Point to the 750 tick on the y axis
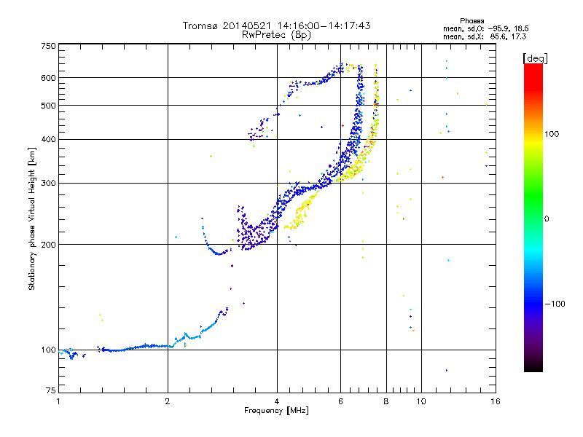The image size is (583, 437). (48, 46)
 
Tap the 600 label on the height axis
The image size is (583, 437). (48, 78)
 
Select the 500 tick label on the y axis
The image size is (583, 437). (48, 106)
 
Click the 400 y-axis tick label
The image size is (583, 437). (48, 139)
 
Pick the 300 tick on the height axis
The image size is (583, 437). (48, 183)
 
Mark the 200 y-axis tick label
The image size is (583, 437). (48, 245)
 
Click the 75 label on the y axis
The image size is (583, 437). (50, 394)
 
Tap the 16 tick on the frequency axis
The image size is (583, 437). (494, 401)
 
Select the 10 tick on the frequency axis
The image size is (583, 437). (420, 401)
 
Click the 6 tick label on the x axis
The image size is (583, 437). (341, 401)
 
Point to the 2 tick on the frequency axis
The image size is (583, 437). (168, 401)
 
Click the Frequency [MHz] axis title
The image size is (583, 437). (276, 411)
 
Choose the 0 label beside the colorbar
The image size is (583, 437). (547, 219)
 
